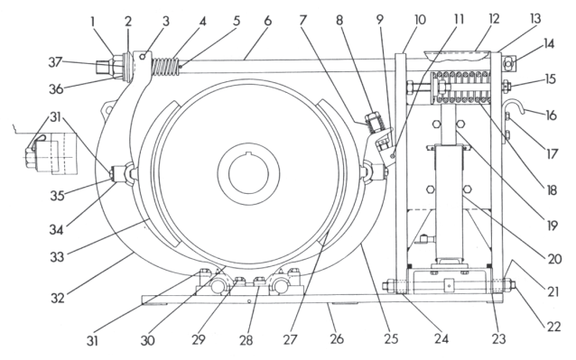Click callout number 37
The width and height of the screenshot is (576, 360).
(x=55, y=62)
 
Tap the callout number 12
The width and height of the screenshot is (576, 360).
(x=495, y=19)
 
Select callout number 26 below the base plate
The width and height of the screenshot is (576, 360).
(x=337, y=338)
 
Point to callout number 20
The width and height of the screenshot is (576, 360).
(x=554, y=259)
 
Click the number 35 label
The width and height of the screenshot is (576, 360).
(x=57, y=196)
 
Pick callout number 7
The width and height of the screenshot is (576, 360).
(x=302, y=20)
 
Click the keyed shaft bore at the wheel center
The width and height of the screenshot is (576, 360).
(x=248, y=171)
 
